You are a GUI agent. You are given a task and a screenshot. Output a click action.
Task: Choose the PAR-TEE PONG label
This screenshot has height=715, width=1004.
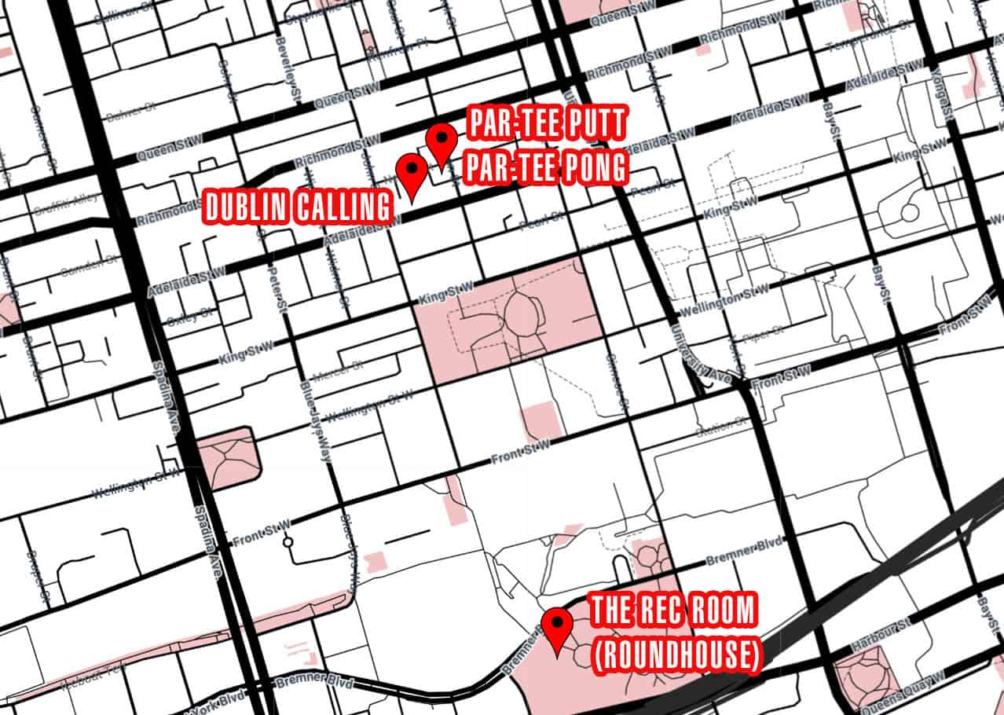548,167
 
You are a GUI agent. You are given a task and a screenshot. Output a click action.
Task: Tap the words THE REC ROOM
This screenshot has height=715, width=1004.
673,611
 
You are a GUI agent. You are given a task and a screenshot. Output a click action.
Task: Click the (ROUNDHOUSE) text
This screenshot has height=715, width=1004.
676,657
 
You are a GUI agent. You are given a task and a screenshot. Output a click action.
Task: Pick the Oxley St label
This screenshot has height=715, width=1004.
189,316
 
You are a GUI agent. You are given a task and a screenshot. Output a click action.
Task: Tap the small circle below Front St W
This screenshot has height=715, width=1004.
289,541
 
